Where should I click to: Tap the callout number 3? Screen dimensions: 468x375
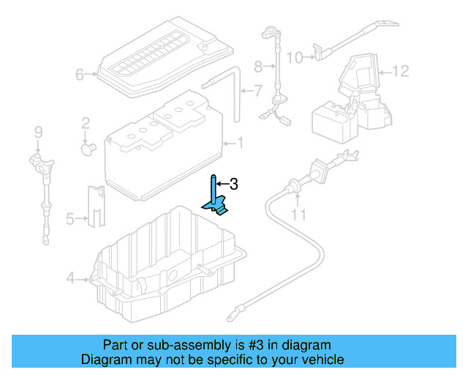(234, 185)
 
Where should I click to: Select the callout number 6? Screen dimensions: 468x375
(80, 75)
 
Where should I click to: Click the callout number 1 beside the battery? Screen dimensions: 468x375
(240, 143)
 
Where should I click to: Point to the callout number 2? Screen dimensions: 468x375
(86, 123)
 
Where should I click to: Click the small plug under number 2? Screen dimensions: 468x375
(88, 149)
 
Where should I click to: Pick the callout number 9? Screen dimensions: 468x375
(39, 132)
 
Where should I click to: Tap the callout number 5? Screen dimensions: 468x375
(70, 219)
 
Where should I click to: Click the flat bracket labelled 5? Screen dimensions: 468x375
(97, 207)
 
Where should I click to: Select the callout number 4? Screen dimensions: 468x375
(70, 278)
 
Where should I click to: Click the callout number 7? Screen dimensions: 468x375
(258, 91)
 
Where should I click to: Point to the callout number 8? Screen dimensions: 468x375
(258, 67)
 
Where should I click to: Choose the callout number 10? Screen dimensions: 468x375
(295, 58)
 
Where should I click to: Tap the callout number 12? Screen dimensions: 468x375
(400, 71)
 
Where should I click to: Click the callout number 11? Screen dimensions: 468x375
(298, 215)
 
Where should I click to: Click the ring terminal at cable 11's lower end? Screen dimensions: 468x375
(233, 316)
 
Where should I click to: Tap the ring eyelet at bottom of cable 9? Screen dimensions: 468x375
(45, 240)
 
